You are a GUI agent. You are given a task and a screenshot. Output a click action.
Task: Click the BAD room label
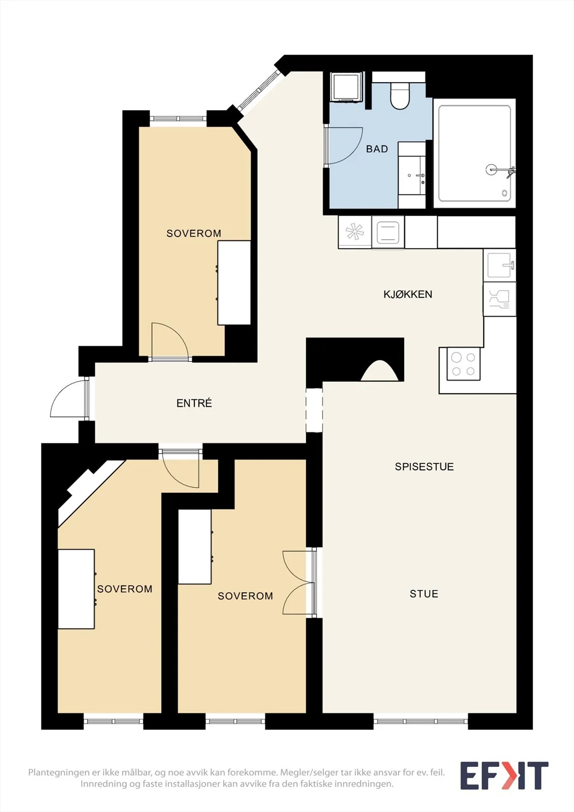[x=377, y=149]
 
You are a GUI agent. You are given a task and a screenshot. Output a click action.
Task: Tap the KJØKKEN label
[x=408, y=294]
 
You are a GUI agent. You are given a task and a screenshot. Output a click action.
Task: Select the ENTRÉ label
[x=194, y=403]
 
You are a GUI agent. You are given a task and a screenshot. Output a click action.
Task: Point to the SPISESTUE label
[x=424, y=466]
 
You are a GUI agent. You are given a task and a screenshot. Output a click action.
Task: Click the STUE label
[x=424, y=594]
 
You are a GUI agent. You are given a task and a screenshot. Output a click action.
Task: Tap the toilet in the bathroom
[x=399, y=96]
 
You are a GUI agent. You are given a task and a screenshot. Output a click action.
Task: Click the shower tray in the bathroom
[x=475, y=153]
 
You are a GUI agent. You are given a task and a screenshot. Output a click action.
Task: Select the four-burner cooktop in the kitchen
[x=463, y=364]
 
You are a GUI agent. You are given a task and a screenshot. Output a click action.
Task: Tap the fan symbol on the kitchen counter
[x=355, y=231]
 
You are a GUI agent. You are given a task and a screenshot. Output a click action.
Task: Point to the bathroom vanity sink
[x=412, y=176]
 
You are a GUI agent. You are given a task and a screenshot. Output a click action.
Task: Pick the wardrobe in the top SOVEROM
[x=234, y=283]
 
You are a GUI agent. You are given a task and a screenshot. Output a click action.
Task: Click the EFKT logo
[x=504, y=775]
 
